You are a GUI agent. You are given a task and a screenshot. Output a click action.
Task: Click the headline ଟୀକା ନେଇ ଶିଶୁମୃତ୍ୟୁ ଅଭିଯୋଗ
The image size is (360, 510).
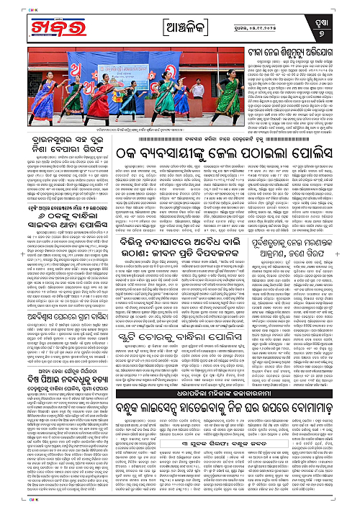point(298,53)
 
